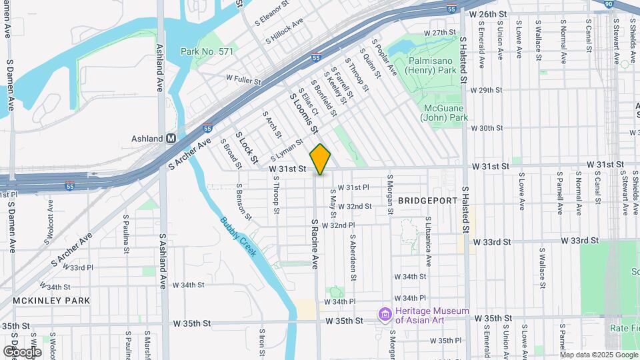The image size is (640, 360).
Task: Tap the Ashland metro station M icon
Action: [171, 139]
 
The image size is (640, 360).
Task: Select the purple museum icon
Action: [384, 314]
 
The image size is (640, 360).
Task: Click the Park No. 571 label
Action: [206, 51]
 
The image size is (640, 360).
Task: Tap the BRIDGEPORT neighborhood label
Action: [427, 200]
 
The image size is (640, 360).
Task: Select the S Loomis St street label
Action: [303, 113]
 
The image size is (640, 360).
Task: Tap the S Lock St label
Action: [245, 147]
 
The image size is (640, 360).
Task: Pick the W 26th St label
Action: [493, 13]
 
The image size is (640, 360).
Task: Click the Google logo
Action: [22, 351]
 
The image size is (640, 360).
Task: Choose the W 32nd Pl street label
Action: [348, 226]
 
